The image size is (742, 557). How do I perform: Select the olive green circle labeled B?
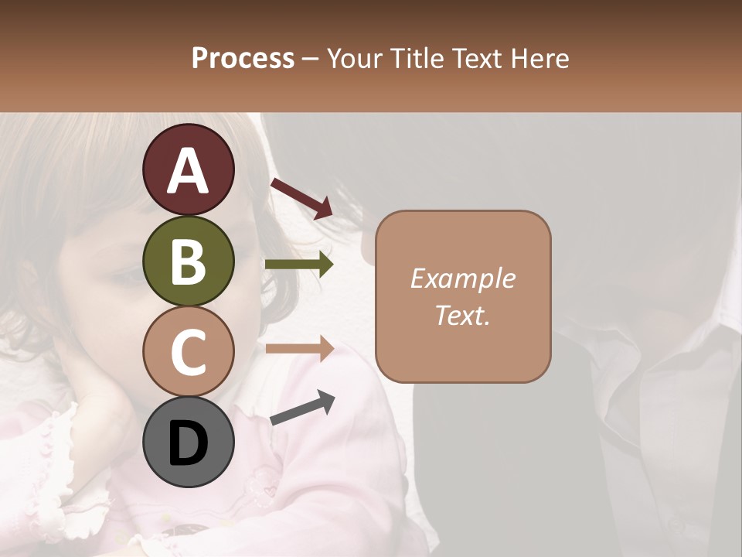[189, 261]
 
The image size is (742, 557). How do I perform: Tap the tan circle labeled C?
[189, 352]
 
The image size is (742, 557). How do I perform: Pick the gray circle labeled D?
[189, 443]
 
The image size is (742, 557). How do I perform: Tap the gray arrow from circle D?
[302, 408]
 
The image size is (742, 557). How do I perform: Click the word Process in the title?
[243, 58]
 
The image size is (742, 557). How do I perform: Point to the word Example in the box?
[462, 278]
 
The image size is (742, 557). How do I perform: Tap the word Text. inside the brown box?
[462, 316]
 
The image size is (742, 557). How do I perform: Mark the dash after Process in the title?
[311, 60]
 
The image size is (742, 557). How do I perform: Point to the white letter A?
[189, 172]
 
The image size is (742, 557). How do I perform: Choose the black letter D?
[189, 444]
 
